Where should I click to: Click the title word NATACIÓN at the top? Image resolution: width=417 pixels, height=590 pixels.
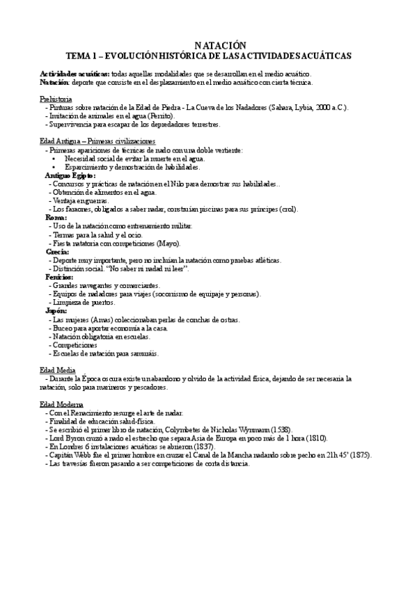pyautogui.click(x=209, y=44)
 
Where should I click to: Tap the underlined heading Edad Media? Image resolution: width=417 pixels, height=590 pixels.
pyautogui.click(x=56, y=371)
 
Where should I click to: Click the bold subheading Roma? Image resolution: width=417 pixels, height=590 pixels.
pyautogui.click(x=56, y=218)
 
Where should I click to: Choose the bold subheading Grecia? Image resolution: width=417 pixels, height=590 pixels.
pyautogui.click(x=58, y=251)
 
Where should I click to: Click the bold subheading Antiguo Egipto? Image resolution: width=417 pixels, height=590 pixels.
pyautogui.click(x=71, y=176)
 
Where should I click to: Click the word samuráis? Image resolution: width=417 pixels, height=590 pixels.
pyautogui.click(x=141, y=352)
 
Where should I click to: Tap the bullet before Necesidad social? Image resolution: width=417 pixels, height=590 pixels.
pyautogui.click(x=54, y=159)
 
